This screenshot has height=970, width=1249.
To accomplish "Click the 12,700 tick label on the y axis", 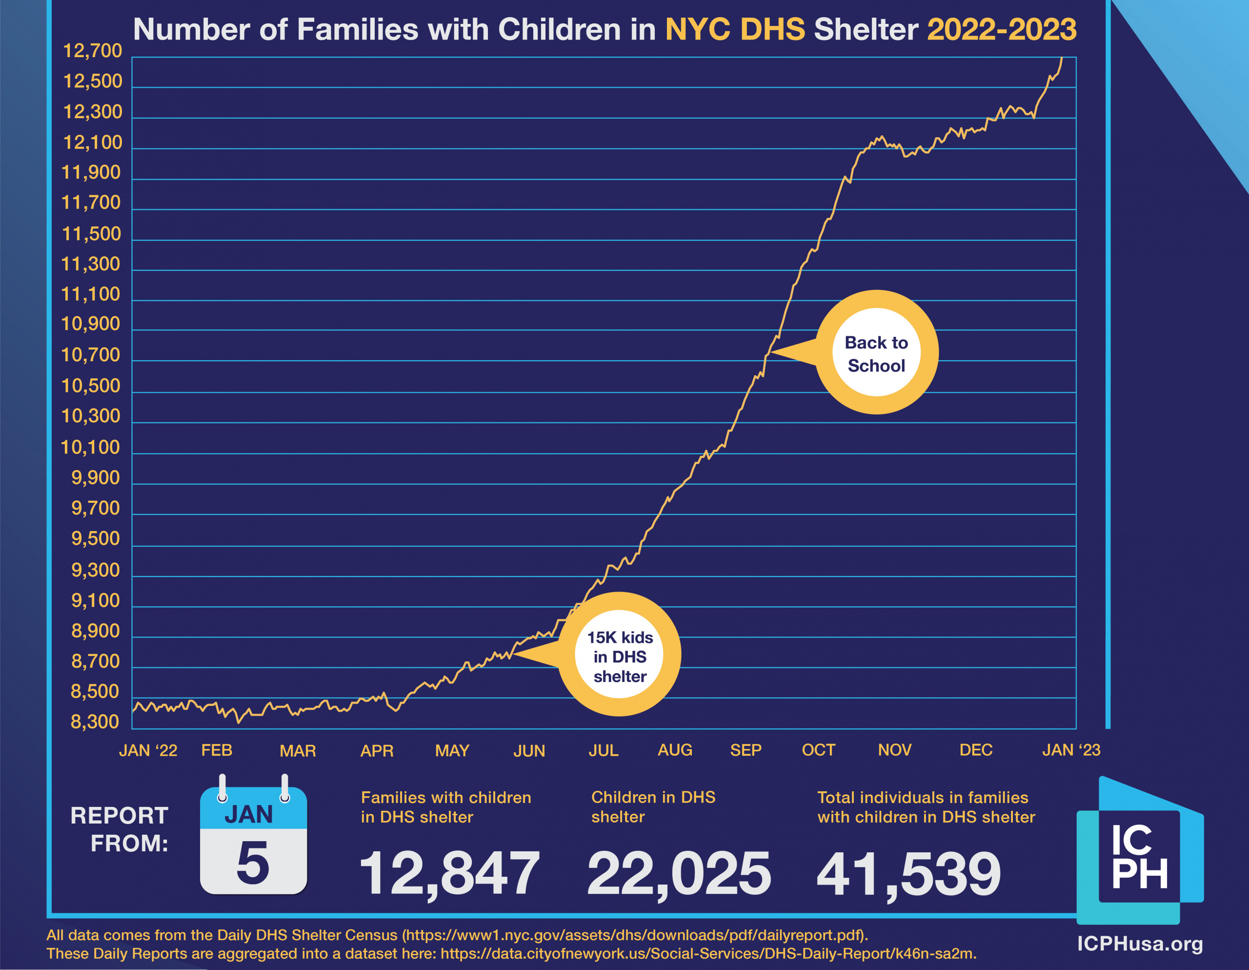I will pos(92,51).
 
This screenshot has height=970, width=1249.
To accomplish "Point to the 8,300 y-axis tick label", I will pos(95,722).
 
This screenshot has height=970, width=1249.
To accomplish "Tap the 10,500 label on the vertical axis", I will pos(91,386).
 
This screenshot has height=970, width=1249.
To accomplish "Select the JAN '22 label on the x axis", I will pos(148,750).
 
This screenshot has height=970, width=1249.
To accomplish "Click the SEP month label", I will pos(745,750).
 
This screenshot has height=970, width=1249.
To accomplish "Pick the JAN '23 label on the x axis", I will pos(1071,750).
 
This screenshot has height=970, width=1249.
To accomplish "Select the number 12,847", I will pos(449,873).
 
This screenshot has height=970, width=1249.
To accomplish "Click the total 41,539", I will pos(909,873).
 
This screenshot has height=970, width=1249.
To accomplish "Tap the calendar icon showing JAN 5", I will pos(253,840).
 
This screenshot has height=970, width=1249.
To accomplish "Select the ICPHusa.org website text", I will pos(1140,944).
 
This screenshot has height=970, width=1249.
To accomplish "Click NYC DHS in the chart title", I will pos(735,30).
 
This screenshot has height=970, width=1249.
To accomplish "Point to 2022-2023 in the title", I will pos(1001,30).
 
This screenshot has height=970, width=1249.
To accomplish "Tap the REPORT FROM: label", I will pos(120,829).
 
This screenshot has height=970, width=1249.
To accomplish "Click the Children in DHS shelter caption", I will pos(653,807).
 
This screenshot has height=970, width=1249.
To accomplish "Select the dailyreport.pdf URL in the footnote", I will pos(635,935).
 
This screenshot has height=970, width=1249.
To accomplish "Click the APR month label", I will pos(377,750).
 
